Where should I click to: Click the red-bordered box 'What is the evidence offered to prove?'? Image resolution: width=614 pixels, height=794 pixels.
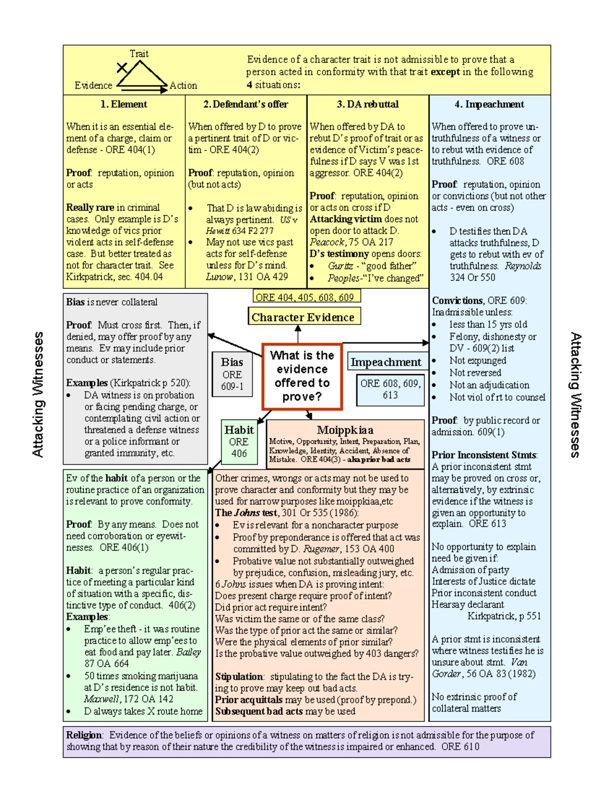click(302, 376)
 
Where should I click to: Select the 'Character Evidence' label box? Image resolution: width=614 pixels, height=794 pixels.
click(304, 317)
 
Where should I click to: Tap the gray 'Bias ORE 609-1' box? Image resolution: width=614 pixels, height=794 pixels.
click(232, 374)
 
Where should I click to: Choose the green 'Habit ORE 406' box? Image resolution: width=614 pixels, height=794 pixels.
click(239, 441)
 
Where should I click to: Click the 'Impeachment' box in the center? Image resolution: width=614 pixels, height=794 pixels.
click(386, 362)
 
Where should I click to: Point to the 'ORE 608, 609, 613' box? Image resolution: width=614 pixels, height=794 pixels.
click(390, 389)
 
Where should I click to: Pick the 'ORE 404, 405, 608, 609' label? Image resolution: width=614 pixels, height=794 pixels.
click(305, 297)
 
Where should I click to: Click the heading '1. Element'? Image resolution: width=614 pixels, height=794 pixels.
click(123, 104)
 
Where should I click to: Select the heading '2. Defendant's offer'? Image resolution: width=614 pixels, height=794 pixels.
click(246, 104)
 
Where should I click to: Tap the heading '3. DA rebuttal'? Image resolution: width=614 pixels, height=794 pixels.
click(367, 104)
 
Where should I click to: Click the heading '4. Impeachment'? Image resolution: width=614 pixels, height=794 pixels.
click(489, 104)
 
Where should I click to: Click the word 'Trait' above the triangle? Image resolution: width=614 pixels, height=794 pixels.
click(139, 54)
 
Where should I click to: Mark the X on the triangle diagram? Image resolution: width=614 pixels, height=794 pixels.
click(122, 67)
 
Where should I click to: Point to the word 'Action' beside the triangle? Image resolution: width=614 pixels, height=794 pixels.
click(183, 85)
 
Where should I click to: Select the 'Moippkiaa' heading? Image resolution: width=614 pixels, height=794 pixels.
click(345, 430)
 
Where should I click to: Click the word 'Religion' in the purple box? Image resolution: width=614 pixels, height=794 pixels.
click(84, 735)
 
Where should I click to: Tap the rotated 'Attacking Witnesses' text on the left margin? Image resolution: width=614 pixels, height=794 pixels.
click(38, 394)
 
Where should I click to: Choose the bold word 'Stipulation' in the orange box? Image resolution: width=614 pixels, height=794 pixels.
click(239, 676)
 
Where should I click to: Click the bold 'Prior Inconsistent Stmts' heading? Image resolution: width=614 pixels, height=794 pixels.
click(484, 455)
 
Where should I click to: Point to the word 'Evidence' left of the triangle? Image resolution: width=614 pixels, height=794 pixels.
click(93, 85)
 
